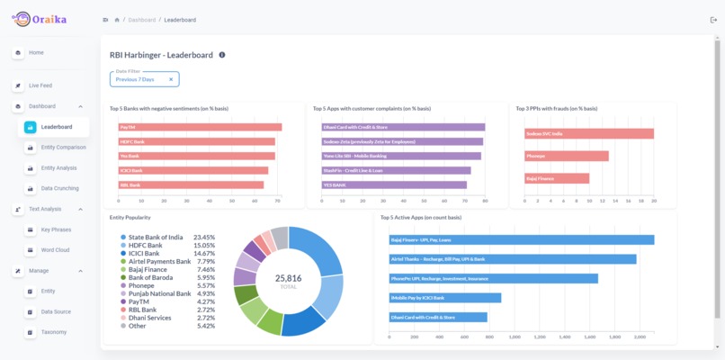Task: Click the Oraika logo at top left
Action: click(x=40, y=19)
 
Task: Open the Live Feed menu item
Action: click(x=40, y=85)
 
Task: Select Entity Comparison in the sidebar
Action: click(x=63, y=148)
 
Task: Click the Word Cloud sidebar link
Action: click(x=55, y=250)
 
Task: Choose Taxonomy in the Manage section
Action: click(x=53, y=332)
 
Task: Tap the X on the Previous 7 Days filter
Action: click(x=171, y=79)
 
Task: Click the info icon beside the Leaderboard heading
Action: click(x=222, y=55)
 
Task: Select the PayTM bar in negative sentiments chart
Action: click(x=199, y=127)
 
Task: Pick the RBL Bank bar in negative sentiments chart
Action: click(x=190, y=185)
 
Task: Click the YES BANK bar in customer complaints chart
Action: click(x=394, y=185)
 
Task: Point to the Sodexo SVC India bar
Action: click(x=588, y=134)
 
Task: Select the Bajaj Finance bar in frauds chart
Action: click(x=557, y=178)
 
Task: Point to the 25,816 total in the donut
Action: click(x=288, y=280)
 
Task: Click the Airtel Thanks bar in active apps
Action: click(x=512, y=259)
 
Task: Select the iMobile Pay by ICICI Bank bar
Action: click(x=444, y=298)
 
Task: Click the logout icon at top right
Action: click(x=713, y=19)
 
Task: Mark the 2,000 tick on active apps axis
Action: click(x=640, y=337)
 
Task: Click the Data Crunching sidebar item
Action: click(x=59, y=188)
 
